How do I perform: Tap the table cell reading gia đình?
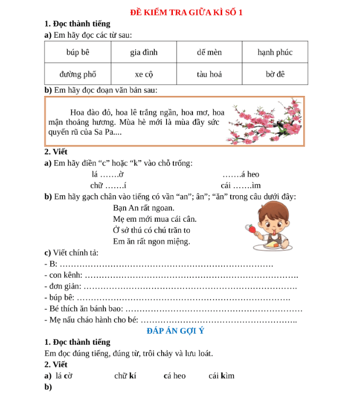click(x=144, y=52)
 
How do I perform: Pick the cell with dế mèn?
click(x=209, y=52)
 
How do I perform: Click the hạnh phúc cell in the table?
click(x=275, y=52)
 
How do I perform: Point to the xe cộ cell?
click(x=144, y=74)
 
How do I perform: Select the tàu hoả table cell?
click(x=209, y=74)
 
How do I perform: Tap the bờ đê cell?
click(x=275, y=74)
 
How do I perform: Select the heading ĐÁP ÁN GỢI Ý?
click(x=175, y=331)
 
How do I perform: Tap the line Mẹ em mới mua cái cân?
click(x=154, y=219)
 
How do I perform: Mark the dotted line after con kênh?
click(x=191, y=275)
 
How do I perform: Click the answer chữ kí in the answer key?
click(x=125, y=375)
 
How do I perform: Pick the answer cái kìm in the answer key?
click(x=221, y=375)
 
